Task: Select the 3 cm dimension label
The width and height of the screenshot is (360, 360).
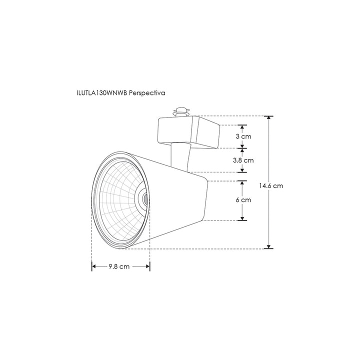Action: (x=243, y=136)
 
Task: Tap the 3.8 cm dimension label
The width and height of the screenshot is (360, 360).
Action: (x=243, y=160)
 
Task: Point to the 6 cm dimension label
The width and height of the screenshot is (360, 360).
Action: (x=243, y=199)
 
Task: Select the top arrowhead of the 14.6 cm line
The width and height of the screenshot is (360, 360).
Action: (x=269, y=118)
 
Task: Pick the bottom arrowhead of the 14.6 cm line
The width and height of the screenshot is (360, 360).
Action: (x=269, y=245)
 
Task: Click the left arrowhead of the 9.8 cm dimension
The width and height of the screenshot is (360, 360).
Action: (x=93, y=266)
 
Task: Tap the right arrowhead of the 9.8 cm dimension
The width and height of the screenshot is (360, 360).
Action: (x=148, y=266)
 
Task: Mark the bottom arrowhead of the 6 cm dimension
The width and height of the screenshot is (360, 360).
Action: (x=242, y=218)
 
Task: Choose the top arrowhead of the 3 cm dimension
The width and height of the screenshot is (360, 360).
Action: (x=242, y=127)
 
